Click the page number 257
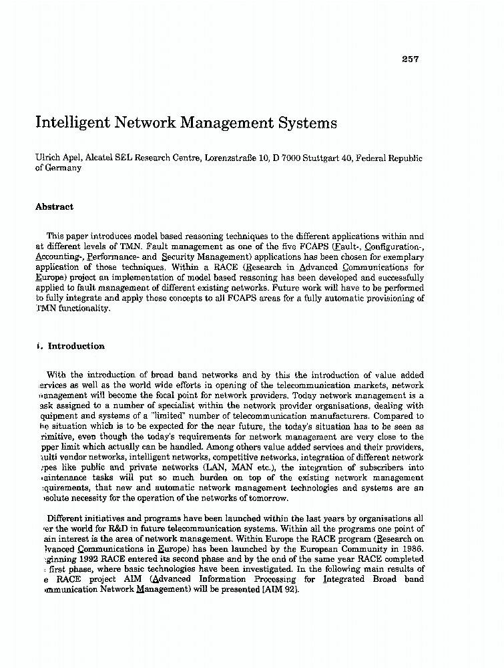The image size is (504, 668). click(x=410, y=59)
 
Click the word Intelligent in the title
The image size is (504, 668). click(x=75, y=124)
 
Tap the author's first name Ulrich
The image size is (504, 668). click(x=47, y=158)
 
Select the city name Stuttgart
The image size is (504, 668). click(x=322, y=158)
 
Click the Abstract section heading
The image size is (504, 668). click(x=54, y=207)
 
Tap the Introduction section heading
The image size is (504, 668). click(x=76, y=346)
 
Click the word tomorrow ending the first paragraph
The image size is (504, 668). click(x=266, y=498)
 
